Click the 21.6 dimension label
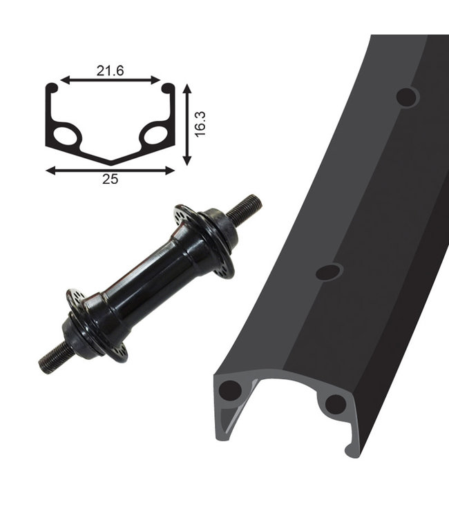[110, 70]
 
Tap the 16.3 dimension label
[200, 124]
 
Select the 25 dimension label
[110, 179]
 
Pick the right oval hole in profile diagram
[155, 135]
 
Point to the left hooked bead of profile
[52, 88]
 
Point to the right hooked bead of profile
[168, 88]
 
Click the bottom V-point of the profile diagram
[111, 164]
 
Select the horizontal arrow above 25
[110, 171]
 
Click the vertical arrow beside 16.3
[187, 124]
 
